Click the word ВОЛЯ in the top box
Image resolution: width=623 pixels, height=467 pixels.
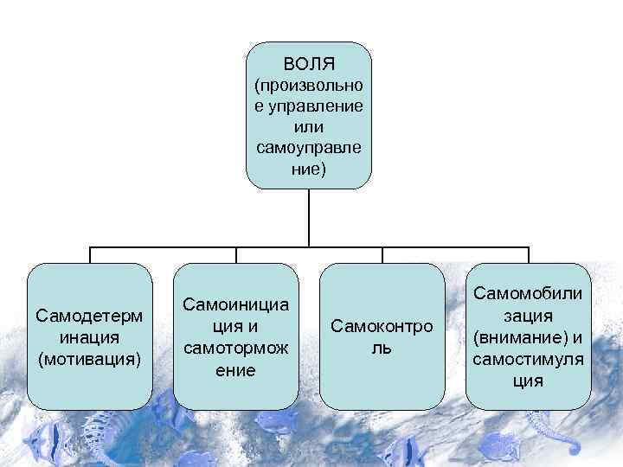pos(309,65)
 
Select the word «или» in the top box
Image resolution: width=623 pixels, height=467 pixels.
pos(309,127)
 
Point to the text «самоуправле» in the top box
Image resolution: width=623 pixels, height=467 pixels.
pos(309,148)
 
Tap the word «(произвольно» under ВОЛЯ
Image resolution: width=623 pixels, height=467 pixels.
pos(309,86)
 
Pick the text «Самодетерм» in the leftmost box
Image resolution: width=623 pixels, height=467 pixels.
pos(90,316)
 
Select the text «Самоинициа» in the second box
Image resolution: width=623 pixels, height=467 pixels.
pos(235,305)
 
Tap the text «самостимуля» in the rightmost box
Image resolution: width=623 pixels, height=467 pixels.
pos(528,357)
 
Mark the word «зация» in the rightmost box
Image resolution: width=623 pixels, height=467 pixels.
pos(528,316)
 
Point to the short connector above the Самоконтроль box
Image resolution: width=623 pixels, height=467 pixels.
pos(382,255)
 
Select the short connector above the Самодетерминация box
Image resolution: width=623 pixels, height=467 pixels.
pos(90,255)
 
